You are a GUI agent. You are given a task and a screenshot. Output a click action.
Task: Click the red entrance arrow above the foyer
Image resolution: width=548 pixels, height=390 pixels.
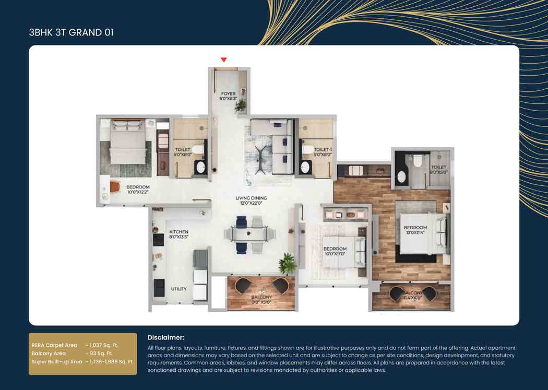click(x=224, y=60)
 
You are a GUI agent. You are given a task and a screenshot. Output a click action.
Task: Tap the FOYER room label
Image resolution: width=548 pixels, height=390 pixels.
click(x=228, y=94)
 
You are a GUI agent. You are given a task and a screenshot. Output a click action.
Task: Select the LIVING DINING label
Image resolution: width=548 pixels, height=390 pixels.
click(x=251, y=198)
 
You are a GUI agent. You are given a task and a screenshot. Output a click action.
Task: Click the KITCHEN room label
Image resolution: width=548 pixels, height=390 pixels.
click(x=178, y=232)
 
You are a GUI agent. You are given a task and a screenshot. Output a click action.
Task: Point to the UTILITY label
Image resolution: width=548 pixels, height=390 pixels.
click(x=178, y=289)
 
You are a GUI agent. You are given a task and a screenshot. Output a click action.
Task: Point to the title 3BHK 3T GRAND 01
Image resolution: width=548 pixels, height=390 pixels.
click(x=71, y=32)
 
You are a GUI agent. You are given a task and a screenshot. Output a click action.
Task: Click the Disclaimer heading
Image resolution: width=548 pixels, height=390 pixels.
click(x=165, y=338)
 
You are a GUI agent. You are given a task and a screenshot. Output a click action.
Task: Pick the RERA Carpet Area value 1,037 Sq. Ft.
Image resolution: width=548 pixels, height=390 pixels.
click(x=104, y=345)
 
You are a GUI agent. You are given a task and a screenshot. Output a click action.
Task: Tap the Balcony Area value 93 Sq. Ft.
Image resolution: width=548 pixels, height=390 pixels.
click(x=101, y=353)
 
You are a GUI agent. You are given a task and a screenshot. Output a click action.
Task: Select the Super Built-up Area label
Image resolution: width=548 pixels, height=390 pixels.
click(x=57, y=361)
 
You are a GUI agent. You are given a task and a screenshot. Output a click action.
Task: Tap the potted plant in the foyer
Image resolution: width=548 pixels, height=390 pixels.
click(x=240, y=106)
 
